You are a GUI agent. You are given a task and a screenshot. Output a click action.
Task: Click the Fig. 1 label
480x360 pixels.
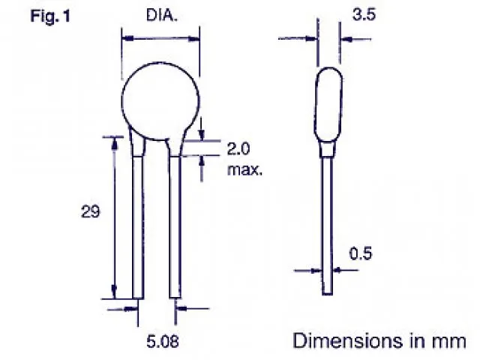click(x=50, y=15)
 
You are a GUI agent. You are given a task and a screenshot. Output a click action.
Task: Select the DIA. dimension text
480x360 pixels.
click(x=160, y=16)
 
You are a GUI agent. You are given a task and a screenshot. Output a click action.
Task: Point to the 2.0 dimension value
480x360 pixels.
click(x=240, y=148)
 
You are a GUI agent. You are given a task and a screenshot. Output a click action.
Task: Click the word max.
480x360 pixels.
click(x=244, y=169)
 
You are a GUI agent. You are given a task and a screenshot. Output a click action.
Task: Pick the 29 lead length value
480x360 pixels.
click(x=91, y=212)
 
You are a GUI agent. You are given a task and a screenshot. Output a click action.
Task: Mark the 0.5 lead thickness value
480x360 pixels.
click(x=361, y=254)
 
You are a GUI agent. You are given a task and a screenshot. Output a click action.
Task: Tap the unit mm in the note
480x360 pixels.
click(x=449, y=341)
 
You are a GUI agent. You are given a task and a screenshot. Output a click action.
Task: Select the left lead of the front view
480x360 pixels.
click(x=137, y=225)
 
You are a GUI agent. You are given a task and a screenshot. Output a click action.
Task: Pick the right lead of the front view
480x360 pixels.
click(x=175, y=225)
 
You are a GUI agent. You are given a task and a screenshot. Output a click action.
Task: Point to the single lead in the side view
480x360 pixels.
click(x=327, y=225)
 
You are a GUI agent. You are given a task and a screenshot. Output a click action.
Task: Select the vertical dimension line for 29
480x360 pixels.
click(x=115, y=217)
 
